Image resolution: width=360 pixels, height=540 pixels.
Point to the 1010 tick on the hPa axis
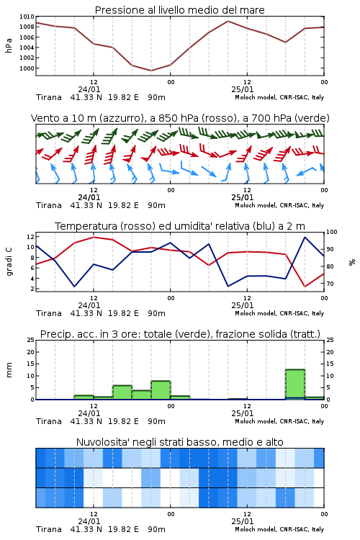[27, 17]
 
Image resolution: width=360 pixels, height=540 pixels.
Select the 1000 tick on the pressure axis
[27, 68]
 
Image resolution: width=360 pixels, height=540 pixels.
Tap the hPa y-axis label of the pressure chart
[9, 45]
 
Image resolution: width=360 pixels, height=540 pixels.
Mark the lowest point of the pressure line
[151, 71]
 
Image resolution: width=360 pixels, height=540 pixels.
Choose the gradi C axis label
[9, 262]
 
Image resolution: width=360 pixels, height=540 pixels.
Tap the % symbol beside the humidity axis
[352, 262]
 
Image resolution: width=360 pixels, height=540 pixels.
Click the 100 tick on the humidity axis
[331, 232]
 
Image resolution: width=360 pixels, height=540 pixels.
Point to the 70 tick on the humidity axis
[330, 284]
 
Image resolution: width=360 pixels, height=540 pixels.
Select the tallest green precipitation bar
[295, 384]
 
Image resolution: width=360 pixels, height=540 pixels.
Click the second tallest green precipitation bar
[161, 390]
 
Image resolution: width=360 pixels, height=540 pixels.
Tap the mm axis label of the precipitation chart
[9, 370]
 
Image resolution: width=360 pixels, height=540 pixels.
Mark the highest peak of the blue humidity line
[305, 238]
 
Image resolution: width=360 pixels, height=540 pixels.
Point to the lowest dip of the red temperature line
[305, 286]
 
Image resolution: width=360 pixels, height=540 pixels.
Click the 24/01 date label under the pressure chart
[89, 89]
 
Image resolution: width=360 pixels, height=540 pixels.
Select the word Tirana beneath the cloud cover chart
[49, 529]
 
